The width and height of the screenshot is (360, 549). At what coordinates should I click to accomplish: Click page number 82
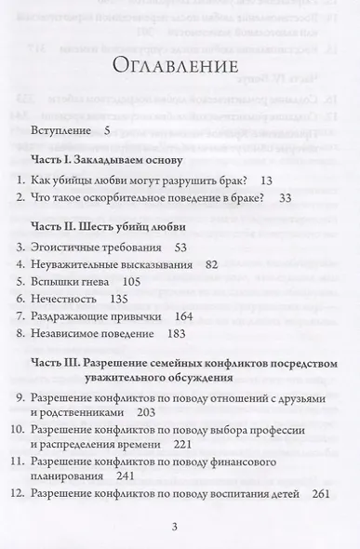click(210, 264)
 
